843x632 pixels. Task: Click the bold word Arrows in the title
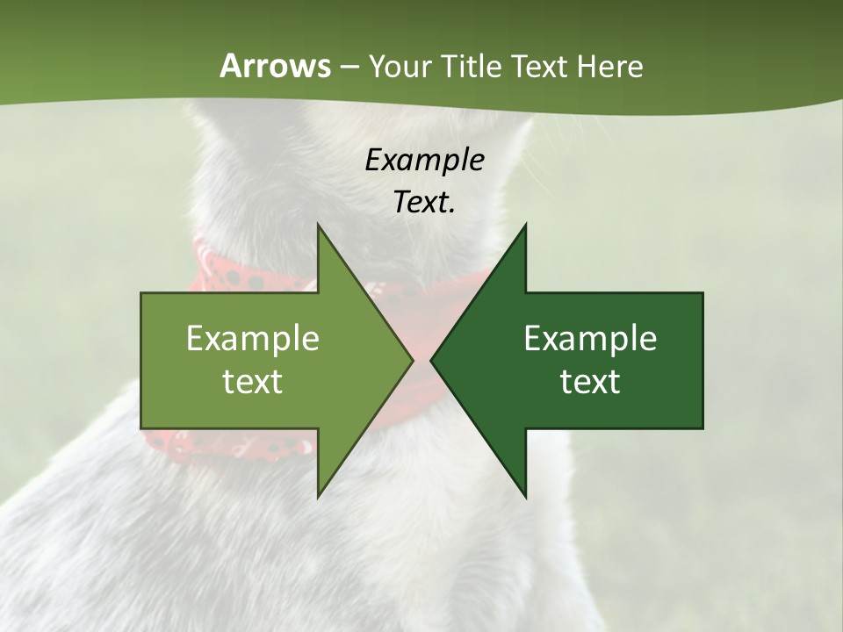(275, 66)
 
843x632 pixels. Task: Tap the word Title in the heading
(473, 66)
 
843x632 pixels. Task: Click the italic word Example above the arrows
(424, 160)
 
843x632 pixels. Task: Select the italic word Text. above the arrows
(424, 203)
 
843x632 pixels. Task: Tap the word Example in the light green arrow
(253, 339)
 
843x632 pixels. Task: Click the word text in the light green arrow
(253, 382)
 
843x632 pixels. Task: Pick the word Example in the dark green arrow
(590, 339)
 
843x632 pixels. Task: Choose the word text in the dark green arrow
(590, 382)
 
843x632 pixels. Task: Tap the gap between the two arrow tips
(421, 360)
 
